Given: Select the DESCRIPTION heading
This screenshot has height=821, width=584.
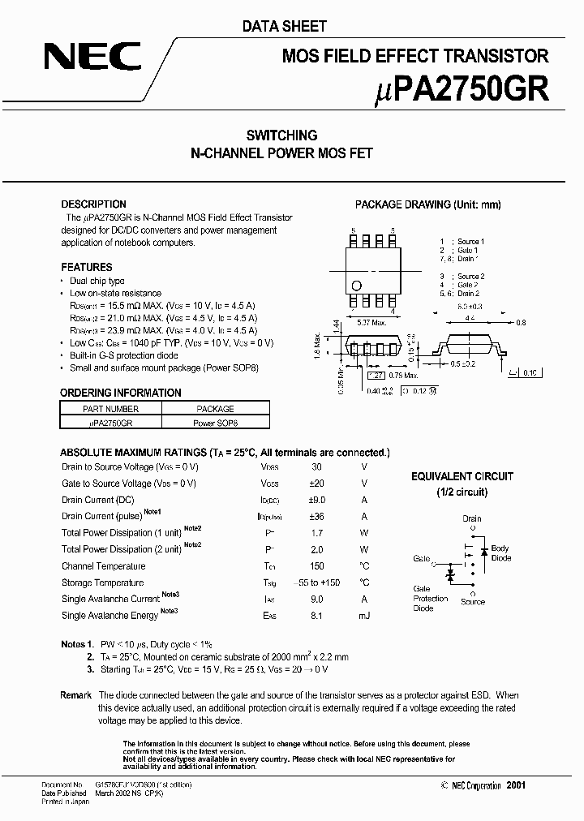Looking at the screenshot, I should click(x=94, y=204).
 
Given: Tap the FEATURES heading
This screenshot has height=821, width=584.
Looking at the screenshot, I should click(x=87, y=267).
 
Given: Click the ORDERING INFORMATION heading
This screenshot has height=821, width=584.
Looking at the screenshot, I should click(x=121, y=393).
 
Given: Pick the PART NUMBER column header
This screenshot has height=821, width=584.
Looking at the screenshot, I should click(x=110, y=410).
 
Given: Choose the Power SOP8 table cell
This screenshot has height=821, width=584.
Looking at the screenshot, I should click(x=215, y=423).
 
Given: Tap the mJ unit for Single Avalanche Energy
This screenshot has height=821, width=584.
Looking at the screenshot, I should click(x=364, y=616).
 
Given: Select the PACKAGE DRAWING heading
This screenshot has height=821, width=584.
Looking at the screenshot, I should click(x=428, y=205).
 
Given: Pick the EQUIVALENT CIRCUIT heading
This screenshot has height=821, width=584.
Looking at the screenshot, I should click(x=462, y=477).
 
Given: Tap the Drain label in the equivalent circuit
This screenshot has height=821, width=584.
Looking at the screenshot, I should click(x=472, y=518).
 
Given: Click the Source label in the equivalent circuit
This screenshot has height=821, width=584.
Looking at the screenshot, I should click(x=473, y=602).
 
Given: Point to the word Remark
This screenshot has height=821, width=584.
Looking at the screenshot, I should click(x=76, y=696).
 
